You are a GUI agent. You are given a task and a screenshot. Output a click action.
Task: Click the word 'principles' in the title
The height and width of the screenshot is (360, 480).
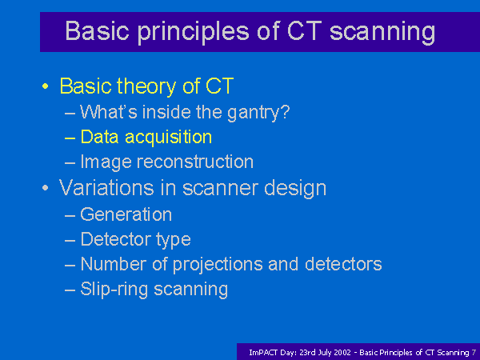(x=193, y=33)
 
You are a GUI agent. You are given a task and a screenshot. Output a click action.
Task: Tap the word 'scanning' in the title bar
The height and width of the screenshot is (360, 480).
(x=382, y=33)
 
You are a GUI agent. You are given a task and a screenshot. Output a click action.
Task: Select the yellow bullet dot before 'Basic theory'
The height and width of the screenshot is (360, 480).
(x=46, y=86)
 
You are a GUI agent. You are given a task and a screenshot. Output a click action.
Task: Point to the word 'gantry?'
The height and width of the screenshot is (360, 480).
(x=258, y=114)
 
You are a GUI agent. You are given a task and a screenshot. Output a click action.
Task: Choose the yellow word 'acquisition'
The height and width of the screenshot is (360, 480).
(x=168, y=138)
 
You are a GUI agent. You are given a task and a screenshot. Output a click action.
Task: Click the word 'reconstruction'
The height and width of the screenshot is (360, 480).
(x=195, y=162)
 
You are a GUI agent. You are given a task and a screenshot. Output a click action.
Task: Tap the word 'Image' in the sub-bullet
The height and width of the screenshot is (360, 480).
(x=106, y=162)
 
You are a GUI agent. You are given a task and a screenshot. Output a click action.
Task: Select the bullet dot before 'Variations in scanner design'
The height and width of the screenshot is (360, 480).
(x=46, y=188)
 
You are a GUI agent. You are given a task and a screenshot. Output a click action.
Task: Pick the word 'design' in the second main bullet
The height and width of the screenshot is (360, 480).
(x=295, y=189)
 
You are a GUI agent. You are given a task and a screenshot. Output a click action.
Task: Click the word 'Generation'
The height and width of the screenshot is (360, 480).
(x=126, y=214)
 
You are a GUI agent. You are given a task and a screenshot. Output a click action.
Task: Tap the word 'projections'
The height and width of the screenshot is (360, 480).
(x=218, y=265)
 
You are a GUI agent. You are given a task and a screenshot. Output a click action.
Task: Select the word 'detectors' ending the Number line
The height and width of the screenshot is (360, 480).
(x=343, y=263)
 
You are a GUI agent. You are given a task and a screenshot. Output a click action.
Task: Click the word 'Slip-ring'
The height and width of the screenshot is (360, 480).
(x=114, y=290)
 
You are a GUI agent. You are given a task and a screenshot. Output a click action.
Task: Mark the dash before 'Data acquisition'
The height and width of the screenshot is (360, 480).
(x=70, y=138)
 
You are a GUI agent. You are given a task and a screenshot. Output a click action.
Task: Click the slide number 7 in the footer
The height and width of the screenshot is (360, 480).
(x=474, y=353)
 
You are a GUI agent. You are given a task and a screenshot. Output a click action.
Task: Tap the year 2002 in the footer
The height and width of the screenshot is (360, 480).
(x=342, y=353)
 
